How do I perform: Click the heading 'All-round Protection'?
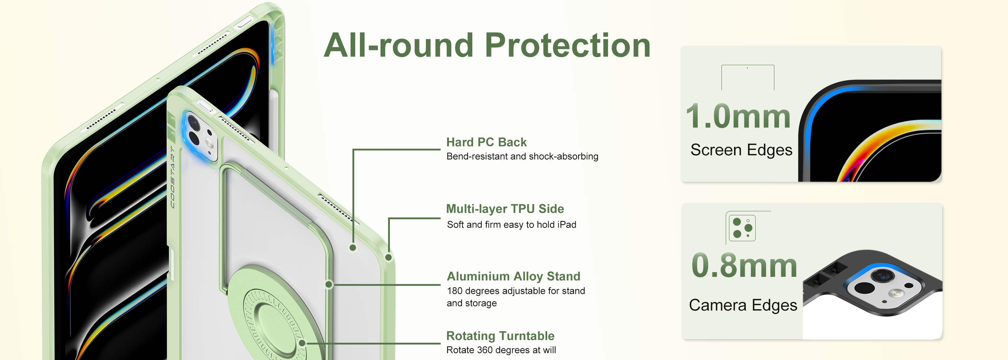pyautogui.click(x=487, y=45)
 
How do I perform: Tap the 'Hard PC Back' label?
pyautogui.click(x=486, y=142)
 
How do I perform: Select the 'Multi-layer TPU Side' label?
pyautogui.click(x=505, y=209)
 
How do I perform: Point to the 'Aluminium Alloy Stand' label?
pyautogui.click(x=513, y=276)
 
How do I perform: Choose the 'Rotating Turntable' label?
pyautogui.click(x=500, y=336)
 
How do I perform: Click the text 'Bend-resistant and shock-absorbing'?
pyautogui.click(x=522, y=157)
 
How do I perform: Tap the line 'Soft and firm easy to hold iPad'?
pyautogui.click(x=512, y=225)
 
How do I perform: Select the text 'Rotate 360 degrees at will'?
pyautogui.click(x=501, y=350)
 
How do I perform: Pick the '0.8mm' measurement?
pyautogui.click(x=744, y=265)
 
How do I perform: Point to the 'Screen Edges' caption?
pyautogui.click(x=741, y=150)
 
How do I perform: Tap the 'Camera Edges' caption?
pyautogui.click(x=743, y=305)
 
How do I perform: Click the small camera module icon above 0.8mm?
pyautogui.click(x=742, y=228)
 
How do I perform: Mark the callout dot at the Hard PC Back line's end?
pyautogui.click(x=352, y=248)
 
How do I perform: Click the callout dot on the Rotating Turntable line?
pyautogui.click(x=302, y=343)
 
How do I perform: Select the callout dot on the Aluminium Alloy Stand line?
pyautogui.click(x=329, y=284)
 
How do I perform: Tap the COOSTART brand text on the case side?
pyautogui.click(x=172, y=177)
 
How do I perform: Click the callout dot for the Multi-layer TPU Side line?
pyautogui.click(x=388, y=257)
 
